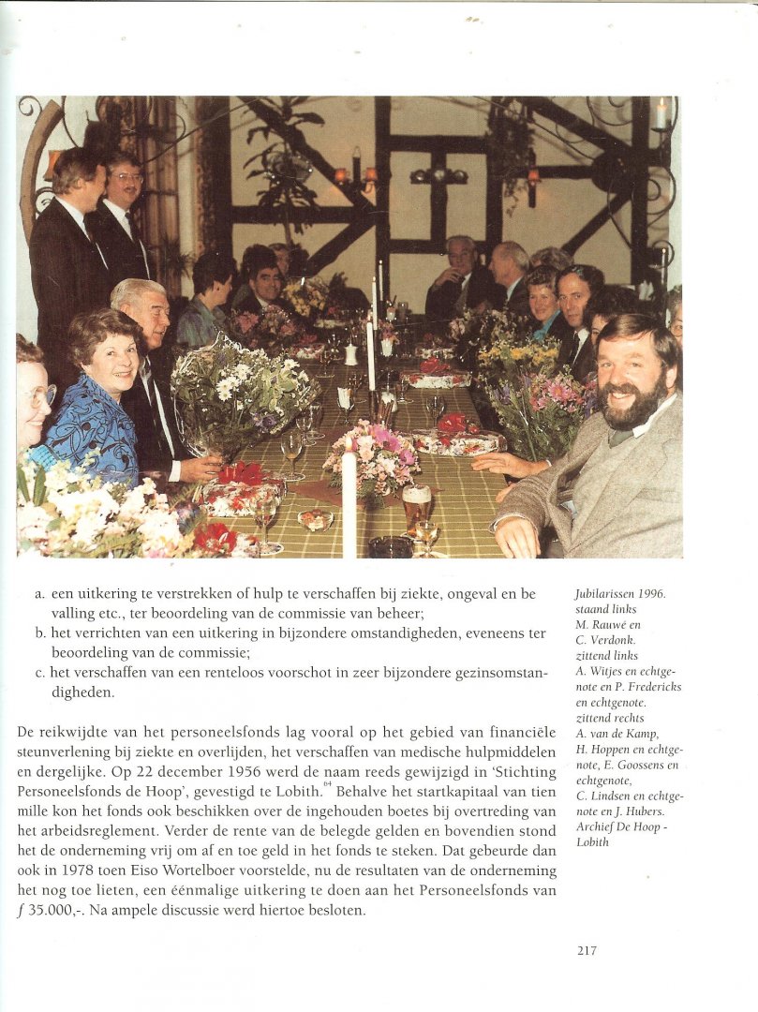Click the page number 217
tap(587, 950)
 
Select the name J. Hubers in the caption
tap(646, 811)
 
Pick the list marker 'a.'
tap(39, 595)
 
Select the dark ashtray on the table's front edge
tap(390, 546)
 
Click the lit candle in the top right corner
tap(661, 113)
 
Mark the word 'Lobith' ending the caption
tap(593, 841)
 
